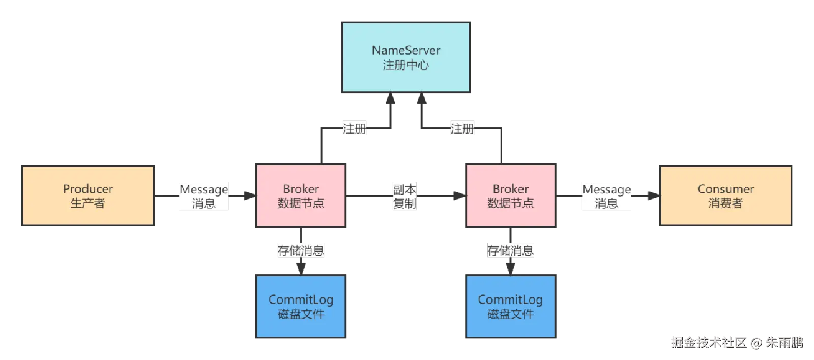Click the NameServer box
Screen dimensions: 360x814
point(405,57)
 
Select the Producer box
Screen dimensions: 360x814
point(88,195)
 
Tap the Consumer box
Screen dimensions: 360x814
point(725,195)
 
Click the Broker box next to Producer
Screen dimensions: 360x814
point(301,195)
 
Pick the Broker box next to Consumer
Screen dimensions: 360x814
point(510,195)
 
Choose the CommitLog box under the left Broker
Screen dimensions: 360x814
point(301,306)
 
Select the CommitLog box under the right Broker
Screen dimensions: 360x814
point(510,306)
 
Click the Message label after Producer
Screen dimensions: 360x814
point(203,196)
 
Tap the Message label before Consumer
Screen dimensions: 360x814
point(606,196)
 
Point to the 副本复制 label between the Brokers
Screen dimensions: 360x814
point(404,196)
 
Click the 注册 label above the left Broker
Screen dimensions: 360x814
point(354,128)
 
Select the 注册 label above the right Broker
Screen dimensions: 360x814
point(462,128)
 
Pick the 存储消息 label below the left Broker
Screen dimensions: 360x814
point(301,250)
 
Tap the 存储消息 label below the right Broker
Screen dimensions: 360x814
point(510,250)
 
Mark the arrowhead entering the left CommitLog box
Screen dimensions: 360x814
point(301,268)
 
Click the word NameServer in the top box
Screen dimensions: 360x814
point(405,50)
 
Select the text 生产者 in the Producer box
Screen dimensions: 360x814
point(88,203)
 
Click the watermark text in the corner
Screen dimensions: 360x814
point(737,342)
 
